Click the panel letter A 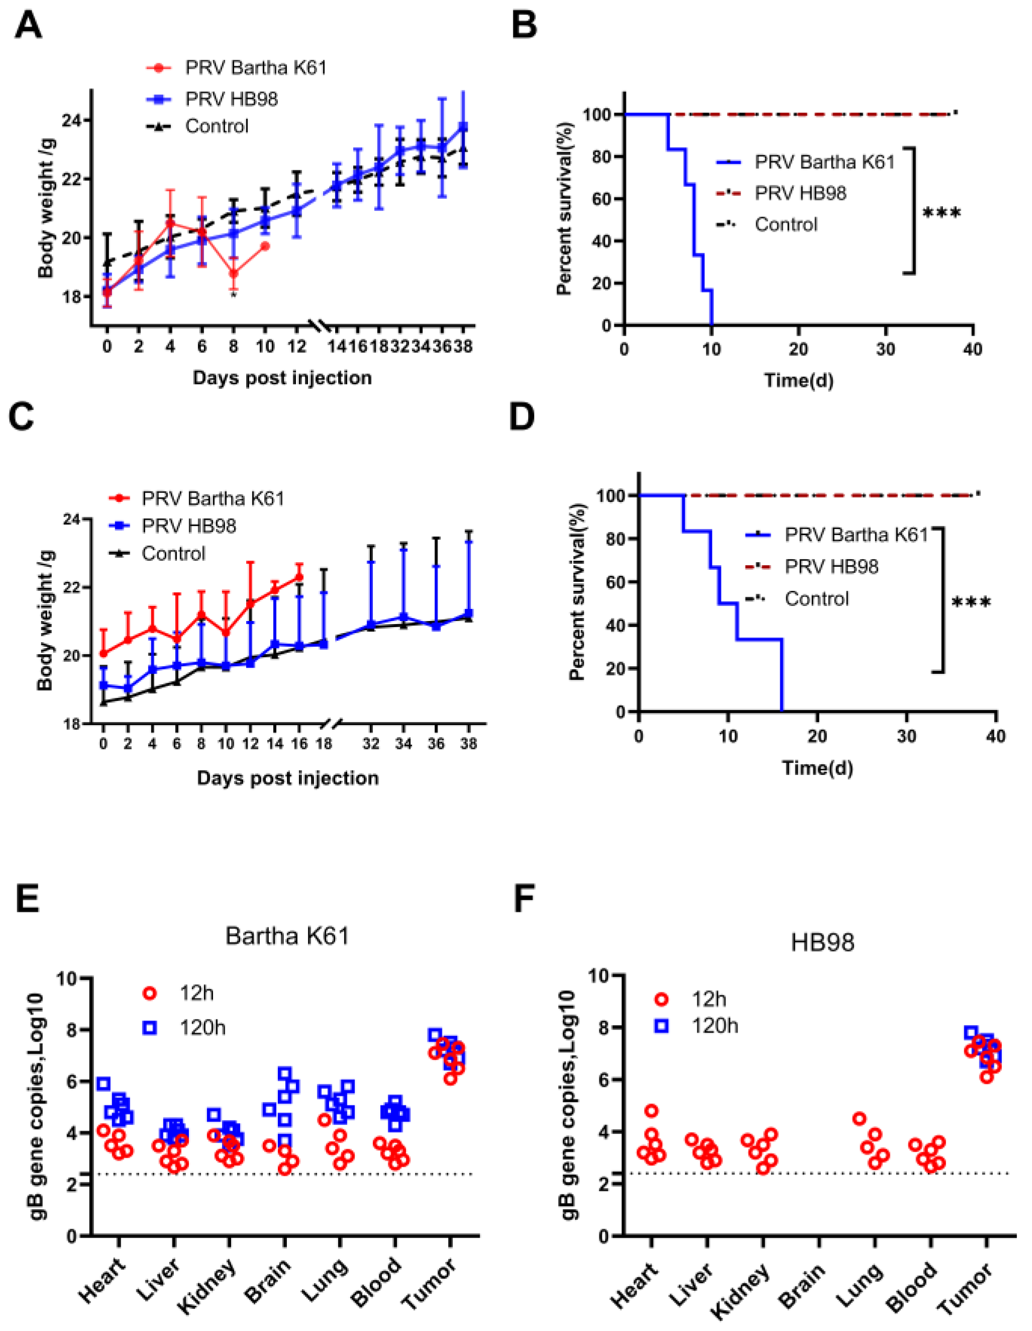28,26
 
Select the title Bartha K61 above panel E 287,936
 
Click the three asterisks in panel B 942,214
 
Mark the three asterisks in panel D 971,602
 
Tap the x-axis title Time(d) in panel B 798,380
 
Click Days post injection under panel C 288,778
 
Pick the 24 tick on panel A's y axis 71,120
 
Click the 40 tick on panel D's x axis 996,736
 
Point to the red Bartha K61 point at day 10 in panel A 265,246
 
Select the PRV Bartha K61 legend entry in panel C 196,498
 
